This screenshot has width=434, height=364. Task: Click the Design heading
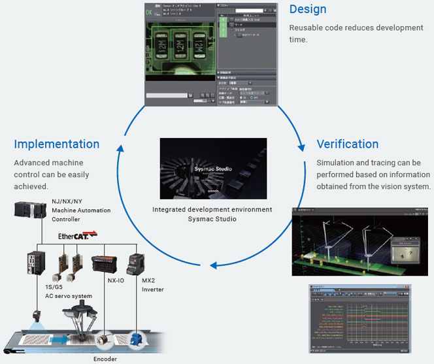click(x=307, y=10)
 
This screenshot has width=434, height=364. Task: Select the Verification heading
click(x=347, y=144)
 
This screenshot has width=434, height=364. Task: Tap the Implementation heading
click(x=57, y=144)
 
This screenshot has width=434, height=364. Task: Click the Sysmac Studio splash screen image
click(x=213, y=168)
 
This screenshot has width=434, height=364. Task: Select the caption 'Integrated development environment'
click(x=212, y=209)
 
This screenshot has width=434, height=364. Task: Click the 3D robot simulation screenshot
click(x=360, y=241)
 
